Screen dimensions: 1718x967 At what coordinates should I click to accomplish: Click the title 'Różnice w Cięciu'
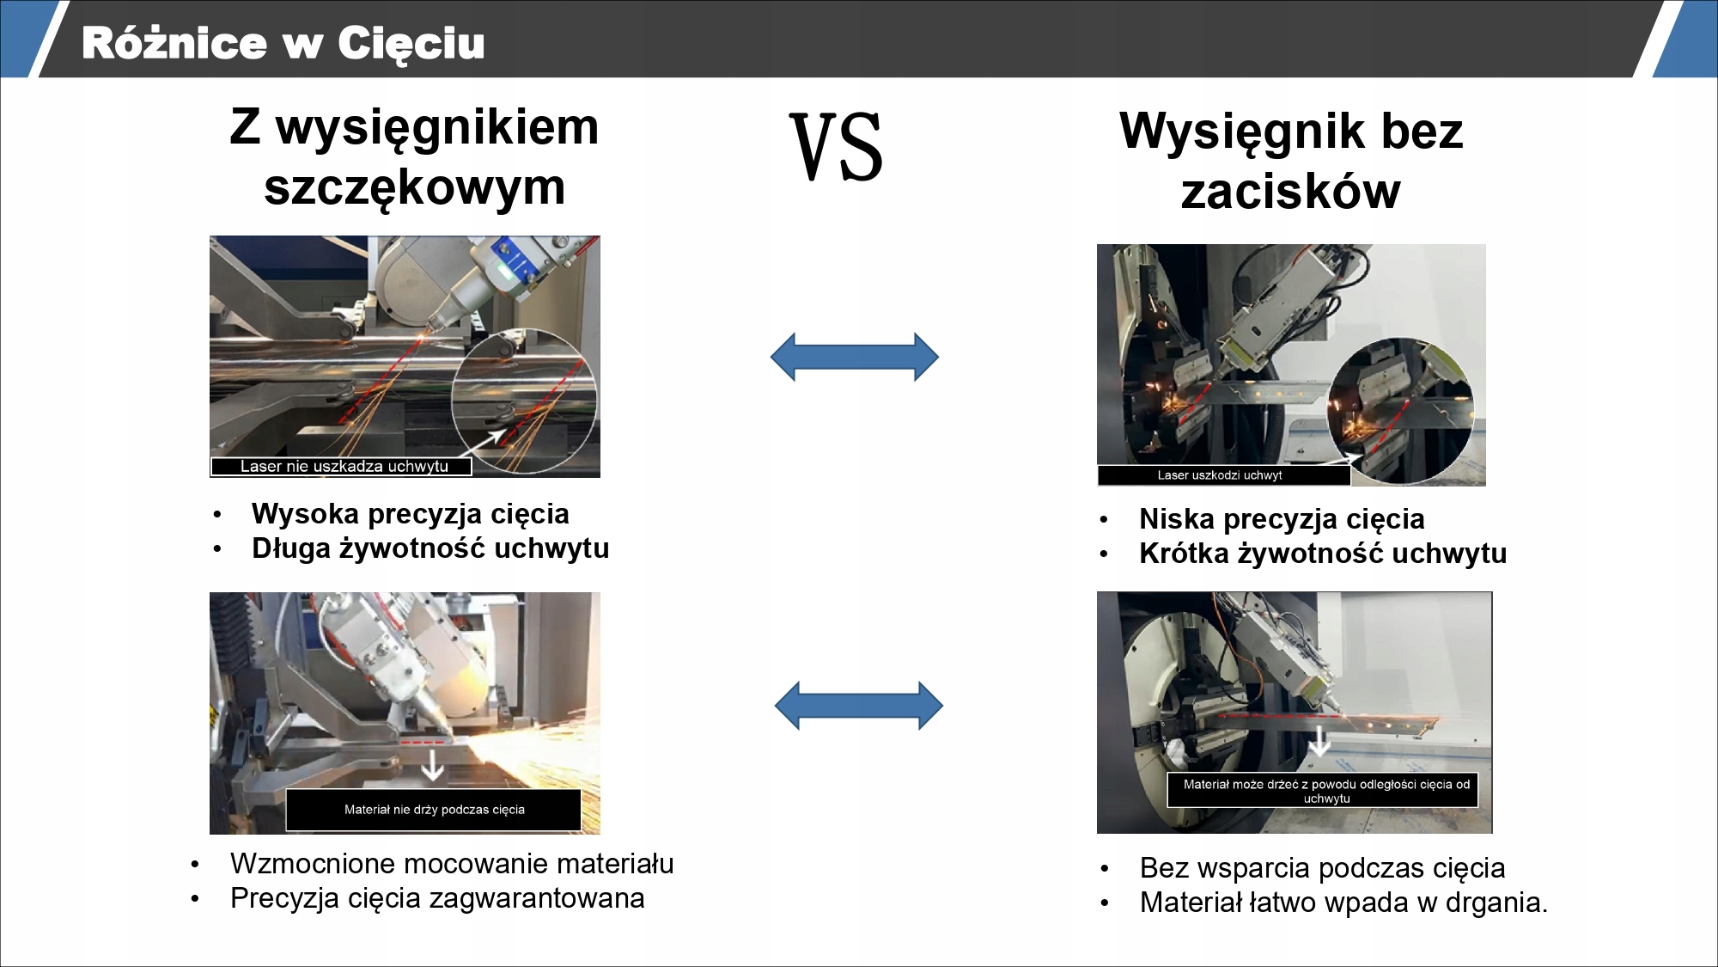pos(283,43)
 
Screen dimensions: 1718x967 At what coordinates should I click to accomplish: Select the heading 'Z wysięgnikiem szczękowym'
pos(414,156)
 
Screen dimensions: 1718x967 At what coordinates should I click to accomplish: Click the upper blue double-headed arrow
pos(855,357)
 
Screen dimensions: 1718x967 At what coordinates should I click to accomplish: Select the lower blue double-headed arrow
pos(858,706)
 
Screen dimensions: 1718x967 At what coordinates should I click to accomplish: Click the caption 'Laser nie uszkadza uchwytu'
pos(344,467)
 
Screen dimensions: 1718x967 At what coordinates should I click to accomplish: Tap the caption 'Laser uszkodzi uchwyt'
pos(1220,475)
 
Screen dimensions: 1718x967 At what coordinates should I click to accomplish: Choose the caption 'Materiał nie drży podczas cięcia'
pos(434,810)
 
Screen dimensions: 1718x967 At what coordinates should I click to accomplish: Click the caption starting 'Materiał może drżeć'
pos(1325,791)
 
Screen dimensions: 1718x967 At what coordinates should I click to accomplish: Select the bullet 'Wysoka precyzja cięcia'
pos(410,514)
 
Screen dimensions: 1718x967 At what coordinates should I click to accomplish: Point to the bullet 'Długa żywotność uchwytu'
pos(430,548)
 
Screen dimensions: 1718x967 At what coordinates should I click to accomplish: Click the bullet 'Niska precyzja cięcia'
pos(1282,519)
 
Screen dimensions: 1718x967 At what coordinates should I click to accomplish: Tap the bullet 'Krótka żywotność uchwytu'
pos(1323,554)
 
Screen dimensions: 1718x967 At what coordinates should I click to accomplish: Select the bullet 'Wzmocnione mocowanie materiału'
pos(452,864)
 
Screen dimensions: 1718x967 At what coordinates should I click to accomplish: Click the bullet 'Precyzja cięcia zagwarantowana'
pos(437,898)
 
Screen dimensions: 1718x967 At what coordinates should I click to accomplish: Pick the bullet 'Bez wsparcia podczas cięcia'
pos(1322,868)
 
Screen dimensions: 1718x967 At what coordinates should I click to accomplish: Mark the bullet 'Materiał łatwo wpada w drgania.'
pos(1343,903)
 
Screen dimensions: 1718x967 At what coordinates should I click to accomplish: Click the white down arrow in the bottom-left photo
pos(432,764)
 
